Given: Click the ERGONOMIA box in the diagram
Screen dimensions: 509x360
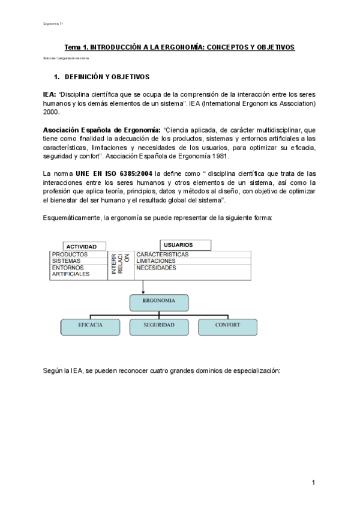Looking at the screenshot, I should pos(159,303).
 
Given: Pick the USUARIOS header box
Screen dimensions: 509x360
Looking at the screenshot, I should pos(185,245).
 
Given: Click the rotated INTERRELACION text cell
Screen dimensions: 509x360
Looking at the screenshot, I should pos(119,264).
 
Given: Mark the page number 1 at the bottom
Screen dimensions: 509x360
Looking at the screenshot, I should pos(314,483).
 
